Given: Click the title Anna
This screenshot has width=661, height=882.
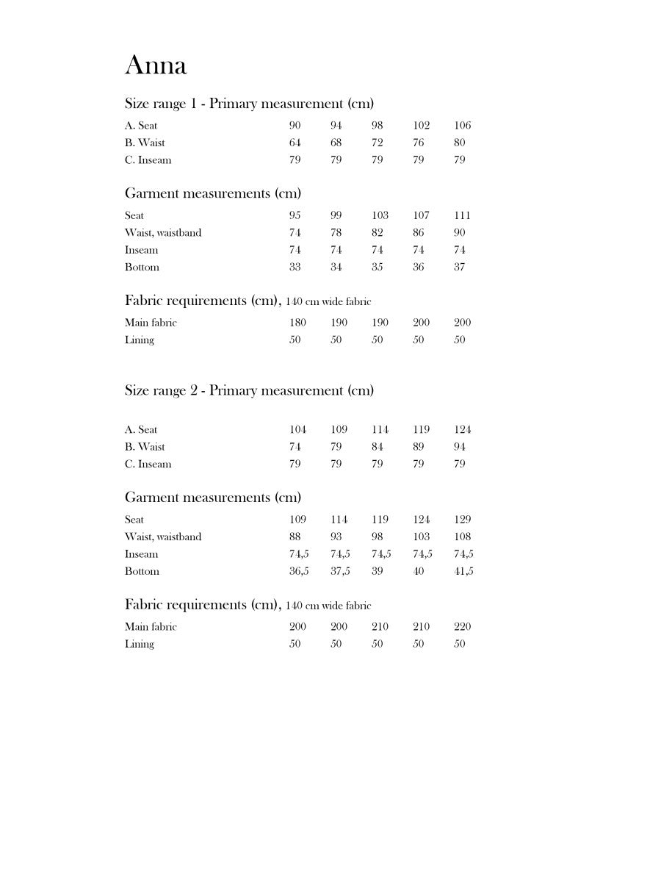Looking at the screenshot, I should [156, 65].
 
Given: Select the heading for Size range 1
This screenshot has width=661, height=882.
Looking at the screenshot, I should [249, 104].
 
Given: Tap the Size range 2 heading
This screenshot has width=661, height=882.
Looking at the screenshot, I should [249, 390].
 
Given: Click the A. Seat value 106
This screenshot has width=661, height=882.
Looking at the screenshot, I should [463, 126].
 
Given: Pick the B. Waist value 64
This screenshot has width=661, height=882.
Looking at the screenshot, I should [295, 143].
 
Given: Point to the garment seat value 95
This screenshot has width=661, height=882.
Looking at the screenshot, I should [295, 215].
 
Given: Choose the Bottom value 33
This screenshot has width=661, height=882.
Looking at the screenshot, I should [295, 267].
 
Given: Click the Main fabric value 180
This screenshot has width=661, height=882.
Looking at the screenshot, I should [297, 323].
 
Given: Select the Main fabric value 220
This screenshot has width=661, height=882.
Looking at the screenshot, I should [463, 627].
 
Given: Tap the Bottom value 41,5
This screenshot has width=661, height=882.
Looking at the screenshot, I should [463, 571].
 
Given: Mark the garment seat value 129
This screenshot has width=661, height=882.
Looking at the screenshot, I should [463, 520].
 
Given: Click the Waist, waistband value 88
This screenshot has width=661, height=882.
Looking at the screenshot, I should [295, 537].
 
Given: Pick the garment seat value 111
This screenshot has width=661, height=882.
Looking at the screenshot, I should [463, 215].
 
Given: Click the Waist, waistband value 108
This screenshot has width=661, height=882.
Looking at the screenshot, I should [463, 537].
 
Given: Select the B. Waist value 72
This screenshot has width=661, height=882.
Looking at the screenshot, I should [377, 143].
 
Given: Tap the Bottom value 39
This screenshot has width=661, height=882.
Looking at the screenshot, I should [377, 571].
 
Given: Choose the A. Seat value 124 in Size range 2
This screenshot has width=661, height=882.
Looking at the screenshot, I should [463, 429].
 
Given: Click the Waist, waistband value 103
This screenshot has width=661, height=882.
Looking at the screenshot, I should [422, 537].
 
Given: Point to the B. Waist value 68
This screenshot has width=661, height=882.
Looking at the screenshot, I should [336, 143].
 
